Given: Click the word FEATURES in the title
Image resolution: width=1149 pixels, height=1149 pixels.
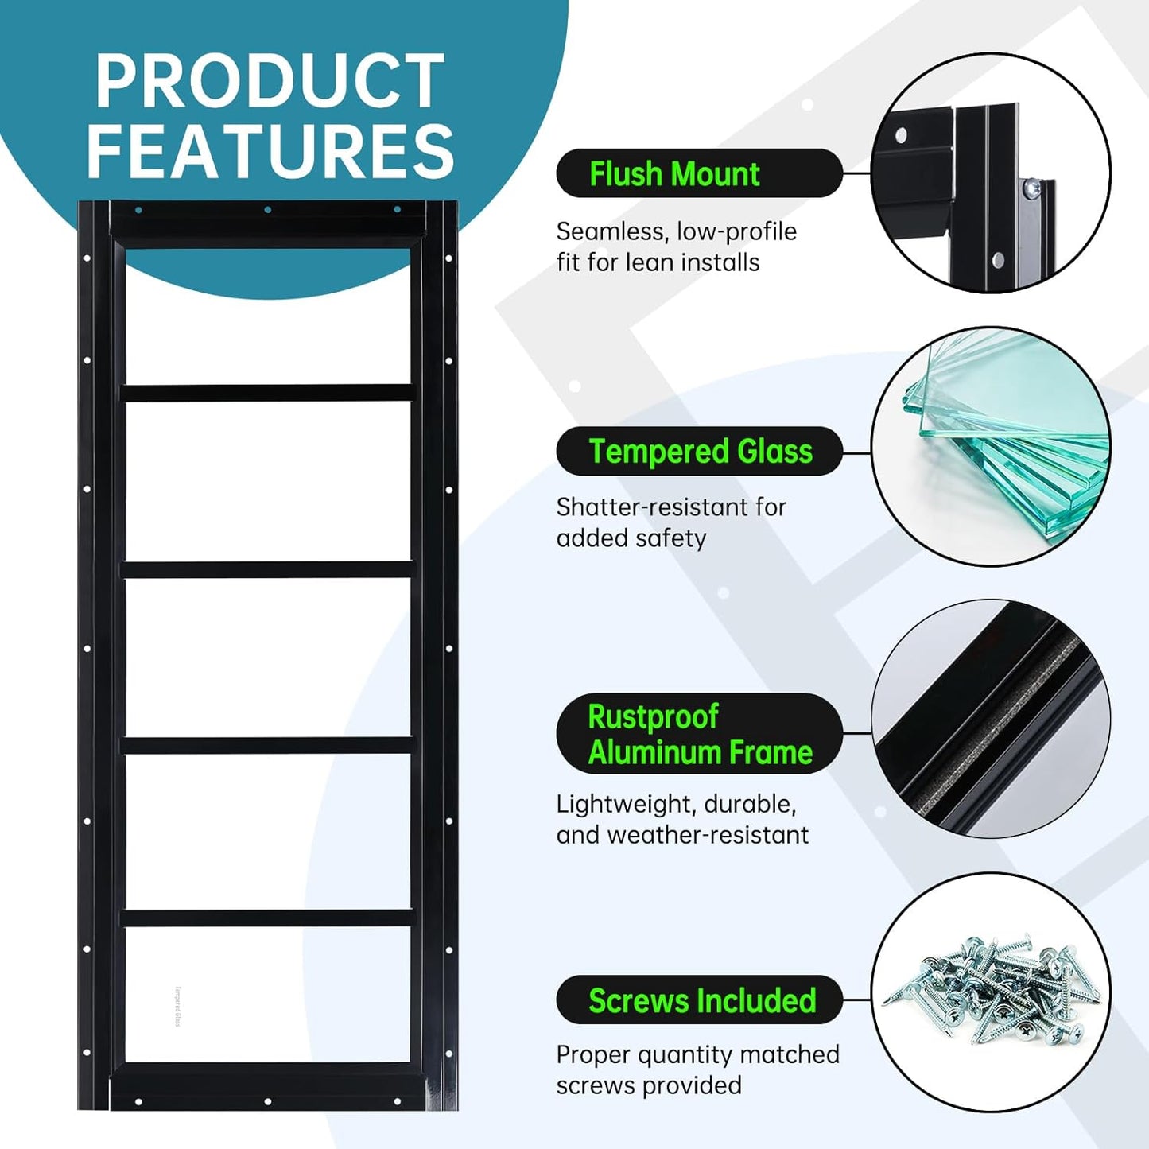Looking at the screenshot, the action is (x=271, y=151).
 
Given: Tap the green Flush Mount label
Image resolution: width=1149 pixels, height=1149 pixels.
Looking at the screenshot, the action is (x=674, y=174).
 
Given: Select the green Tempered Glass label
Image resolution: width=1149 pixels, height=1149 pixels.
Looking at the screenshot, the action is (x=701, y=452).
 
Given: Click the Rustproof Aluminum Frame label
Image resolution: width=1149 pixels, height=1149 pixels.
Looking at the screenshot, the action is (x=700, y=734).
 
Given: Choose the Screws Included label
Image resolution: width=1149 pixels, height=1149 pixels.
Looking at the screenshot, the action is (x=702, y=1000).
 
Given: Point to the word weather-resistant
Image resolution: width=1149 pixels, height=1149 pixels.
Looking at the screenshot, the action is (x=708, y=836).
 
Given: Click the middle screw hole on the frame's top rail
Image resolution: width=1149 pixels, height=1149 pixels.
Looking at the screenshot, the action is (x=268, y=210).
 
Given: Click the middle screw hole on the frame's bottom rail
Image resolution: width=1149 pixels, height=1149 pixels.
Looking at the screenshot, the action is (x=268, y=1100).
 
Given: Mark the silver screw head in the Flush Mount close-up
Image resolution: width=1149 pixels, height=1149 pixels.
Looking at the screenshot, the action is (x=1031, y=189).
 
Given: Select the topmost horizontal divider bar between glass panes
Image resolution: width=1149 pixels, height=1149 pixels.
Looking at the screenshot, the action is (x=268, y=392).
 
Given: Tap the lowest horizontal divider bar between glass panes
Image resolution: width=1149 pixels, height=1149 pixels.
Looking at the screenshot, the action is (x=268, y=918).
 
